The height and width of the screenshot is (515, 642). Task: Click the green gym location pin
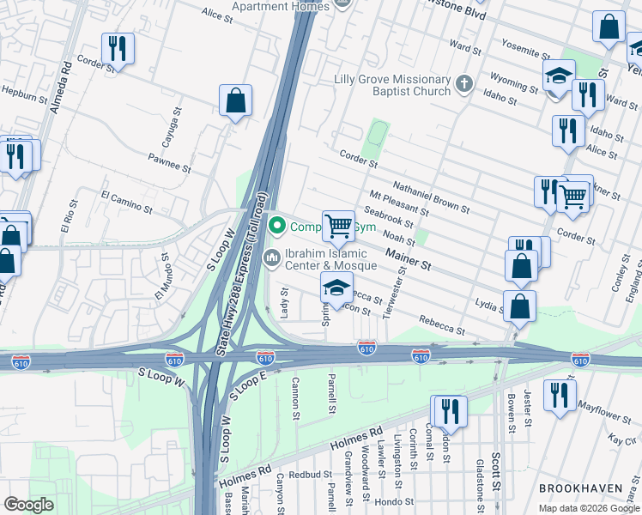(x=276, y=227)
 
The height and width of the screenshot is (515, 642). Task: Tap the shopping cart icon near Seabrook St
(x=338, y=227)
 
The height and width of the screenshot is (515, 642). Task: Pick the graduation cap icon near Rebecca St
(x=337, y=288)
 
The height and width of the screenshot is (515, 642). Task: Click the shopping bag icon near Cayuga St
(x=235, y=101)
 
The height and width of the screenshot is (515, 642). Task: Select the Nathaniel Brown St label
(x=431, y=197)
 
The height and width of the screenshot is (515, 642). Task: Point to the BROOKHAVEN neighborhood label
(x=581, y=488)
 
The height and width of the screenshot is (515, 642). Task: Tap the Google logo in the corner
(x=28, y=505)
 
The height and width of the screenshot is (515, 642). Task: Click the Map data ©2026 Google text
(x=589, y=508)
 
